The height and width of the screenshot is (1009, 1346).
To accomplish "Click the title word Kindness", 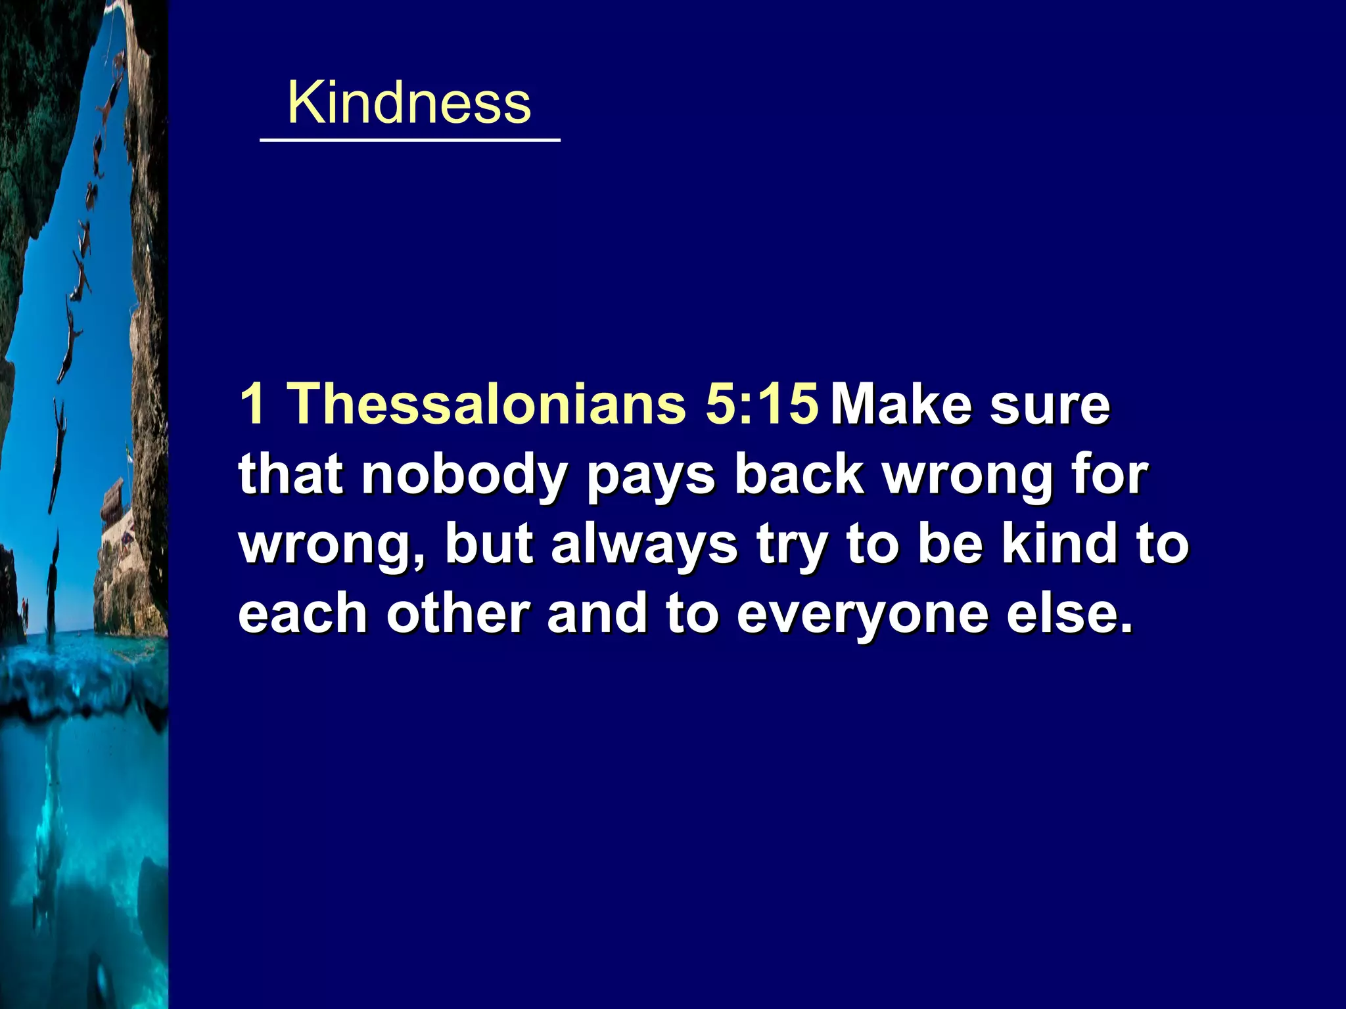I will [409, 103].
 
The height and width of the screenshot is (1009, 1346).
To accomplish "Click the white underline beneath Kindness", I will [410, 140].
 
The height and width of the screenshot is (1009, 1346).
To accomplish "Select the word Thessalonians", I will [487, 403].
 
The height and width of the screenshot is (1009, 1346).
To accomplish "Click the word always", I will [644, 547].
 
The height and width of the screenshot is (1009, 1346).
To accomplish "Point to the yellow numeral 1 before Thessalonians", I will [252, 403].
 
